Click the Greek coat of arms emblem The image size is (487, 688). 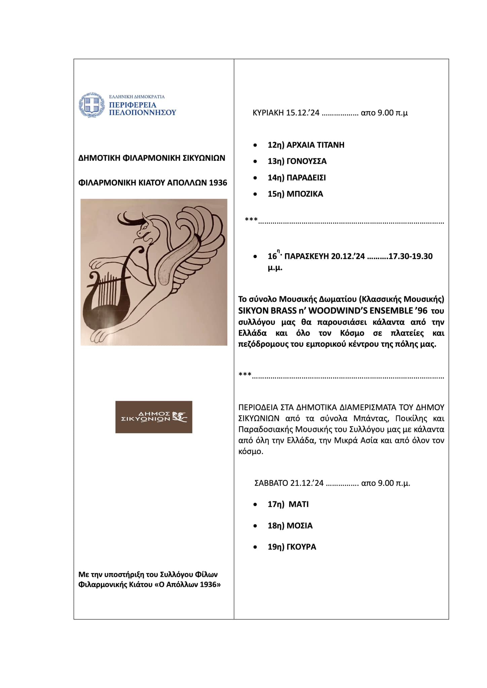coord(91,105)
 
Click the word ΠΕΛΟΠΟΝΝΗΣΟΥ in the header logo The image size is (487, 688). coord(143,112)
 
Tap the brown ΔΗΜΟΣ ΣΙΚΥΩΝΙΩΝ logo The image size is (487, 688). coord(154,417)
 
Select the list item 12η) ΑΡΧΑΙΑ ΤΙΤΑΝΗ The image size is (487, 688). coord(306,145)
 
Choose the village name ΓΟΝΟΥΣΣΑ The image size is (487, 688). coord(306,161)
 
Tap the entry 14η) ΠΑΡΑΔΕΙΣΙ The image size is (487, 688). coord(297,178)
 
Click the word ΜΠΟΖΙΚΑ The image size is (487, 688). coord(305,194)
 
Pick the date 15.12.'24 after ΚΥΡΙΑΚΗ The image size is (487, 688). coord(303,113)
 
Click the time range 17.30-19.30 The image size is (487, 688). coord(410,256)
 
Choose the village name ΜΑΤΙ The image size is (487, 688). coord(299,504)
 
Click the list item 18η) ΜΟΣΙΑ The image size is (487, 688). coord(290,526)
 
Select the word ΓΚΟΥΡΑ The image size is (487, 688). coord(301,547)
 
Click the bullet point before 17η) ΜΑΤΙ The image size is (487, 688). coord(256,505)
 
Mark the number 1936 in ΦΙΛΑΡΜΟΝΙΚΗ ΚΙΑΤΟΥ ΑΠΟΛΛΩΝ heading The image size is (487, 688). coord(218,183)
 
